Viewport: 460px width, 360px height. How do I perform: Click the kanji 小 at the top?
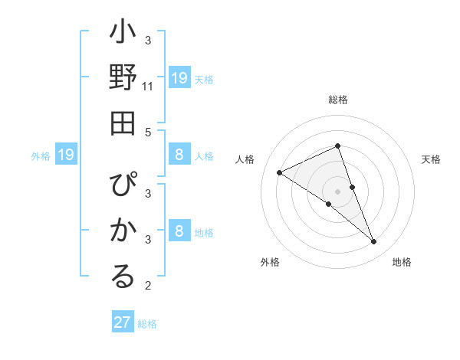(x=123, y=35)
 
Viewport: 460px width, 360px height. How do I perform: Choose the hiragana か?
(x=123, y=231)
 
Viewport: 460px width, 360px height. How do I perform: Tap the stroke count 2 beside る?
(x=148, y=286)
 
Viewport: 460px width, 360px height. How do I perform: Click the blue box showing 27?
(x=123, y=322)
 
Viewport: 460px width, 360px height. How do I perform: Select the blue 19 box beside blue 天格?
(x=179, y=78)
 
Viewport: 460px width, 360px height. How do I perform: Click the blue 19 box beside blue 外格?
(x=66, y=155)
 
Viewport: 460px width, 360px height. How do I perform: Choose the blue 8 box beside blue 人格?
(x=179, y=155)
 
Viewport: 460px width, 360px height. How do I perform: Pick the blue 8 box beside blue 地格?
(x=179, y=231)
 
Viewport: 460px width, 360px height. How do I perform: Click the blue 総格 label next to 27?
(x=147, y=323)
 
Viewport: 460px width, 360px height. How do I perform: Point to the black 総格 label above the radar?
(x=338, y=100)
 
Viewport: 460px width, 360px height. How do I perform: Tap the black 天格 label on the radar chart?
(x=432, y=159)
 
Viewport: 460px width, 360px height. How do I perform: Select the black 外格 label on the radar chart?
(x=270, y=262)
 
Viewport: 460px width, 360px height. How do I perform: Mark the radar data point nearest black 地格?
(x=373, y=242)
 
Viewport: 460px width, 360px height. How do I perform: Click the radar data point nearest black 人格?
(x=279, y=172)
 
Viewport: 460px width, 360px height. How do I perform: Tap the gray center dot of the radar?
(x=338, y=191)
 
